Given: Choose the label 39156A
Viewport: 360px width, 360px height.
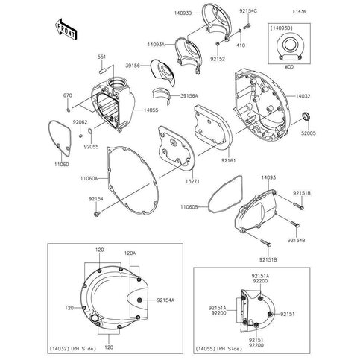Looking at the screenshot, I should pyautogui.click(x=192, y=96).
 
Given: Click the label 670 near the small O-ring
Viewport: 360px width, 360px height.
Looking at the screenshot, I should pyautogui.click(x=68, y=95).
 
